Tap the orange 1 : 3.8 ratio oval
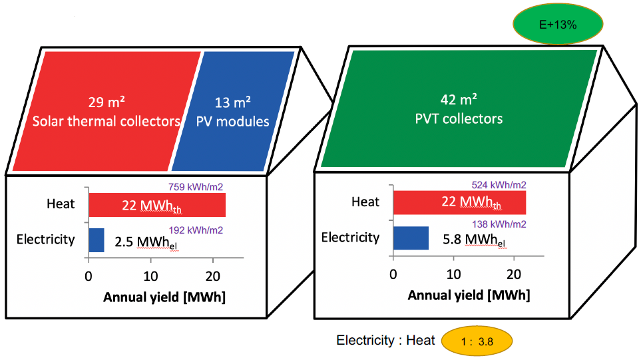point(477,341)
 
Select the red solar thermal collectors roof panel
point(107,110)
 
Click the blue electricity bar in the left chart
point(97,240)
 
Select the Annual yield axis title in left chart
point(164,297)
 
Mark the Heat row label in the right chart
point(365,202)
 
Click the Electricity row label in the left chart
point(45,240)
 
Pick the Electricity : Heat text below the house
point(385,341)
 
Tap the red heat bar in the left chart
point(157,205)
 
